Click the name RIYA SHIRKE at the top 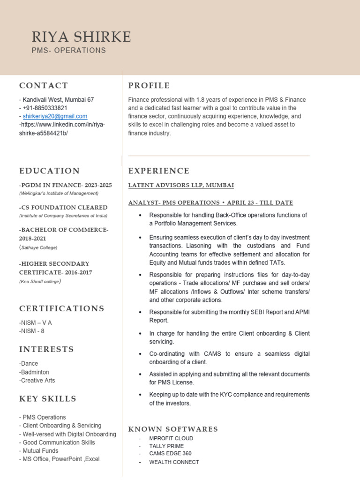tap(82, 37)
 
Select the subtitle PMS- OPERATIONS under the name tap(68, 51)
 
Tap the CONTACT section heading tap(44, 85)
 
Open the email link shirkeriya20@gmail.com tap(55, 116)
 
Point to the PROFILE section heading tap(149, 85)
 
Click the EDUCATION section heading tap(50, 171)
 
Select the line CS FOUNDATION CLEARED tap(64, 207)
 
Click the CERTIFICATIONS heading tap(62, 308)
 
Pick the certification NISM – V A tap(36, 322)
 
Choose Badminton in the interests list tap(35, 372)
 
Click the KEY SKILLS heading tap(48, 399)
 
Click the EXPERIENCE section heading tap(159, 171)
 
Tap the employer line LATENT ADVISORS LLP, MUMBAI tap(181, 186)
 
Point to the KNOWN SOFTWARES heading tap(173, 429)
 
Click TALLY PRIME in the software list tap(166, 446)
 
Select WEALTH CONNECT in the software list tap(174, 462)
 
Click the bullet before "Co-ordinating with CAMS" tap(141, 354)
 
